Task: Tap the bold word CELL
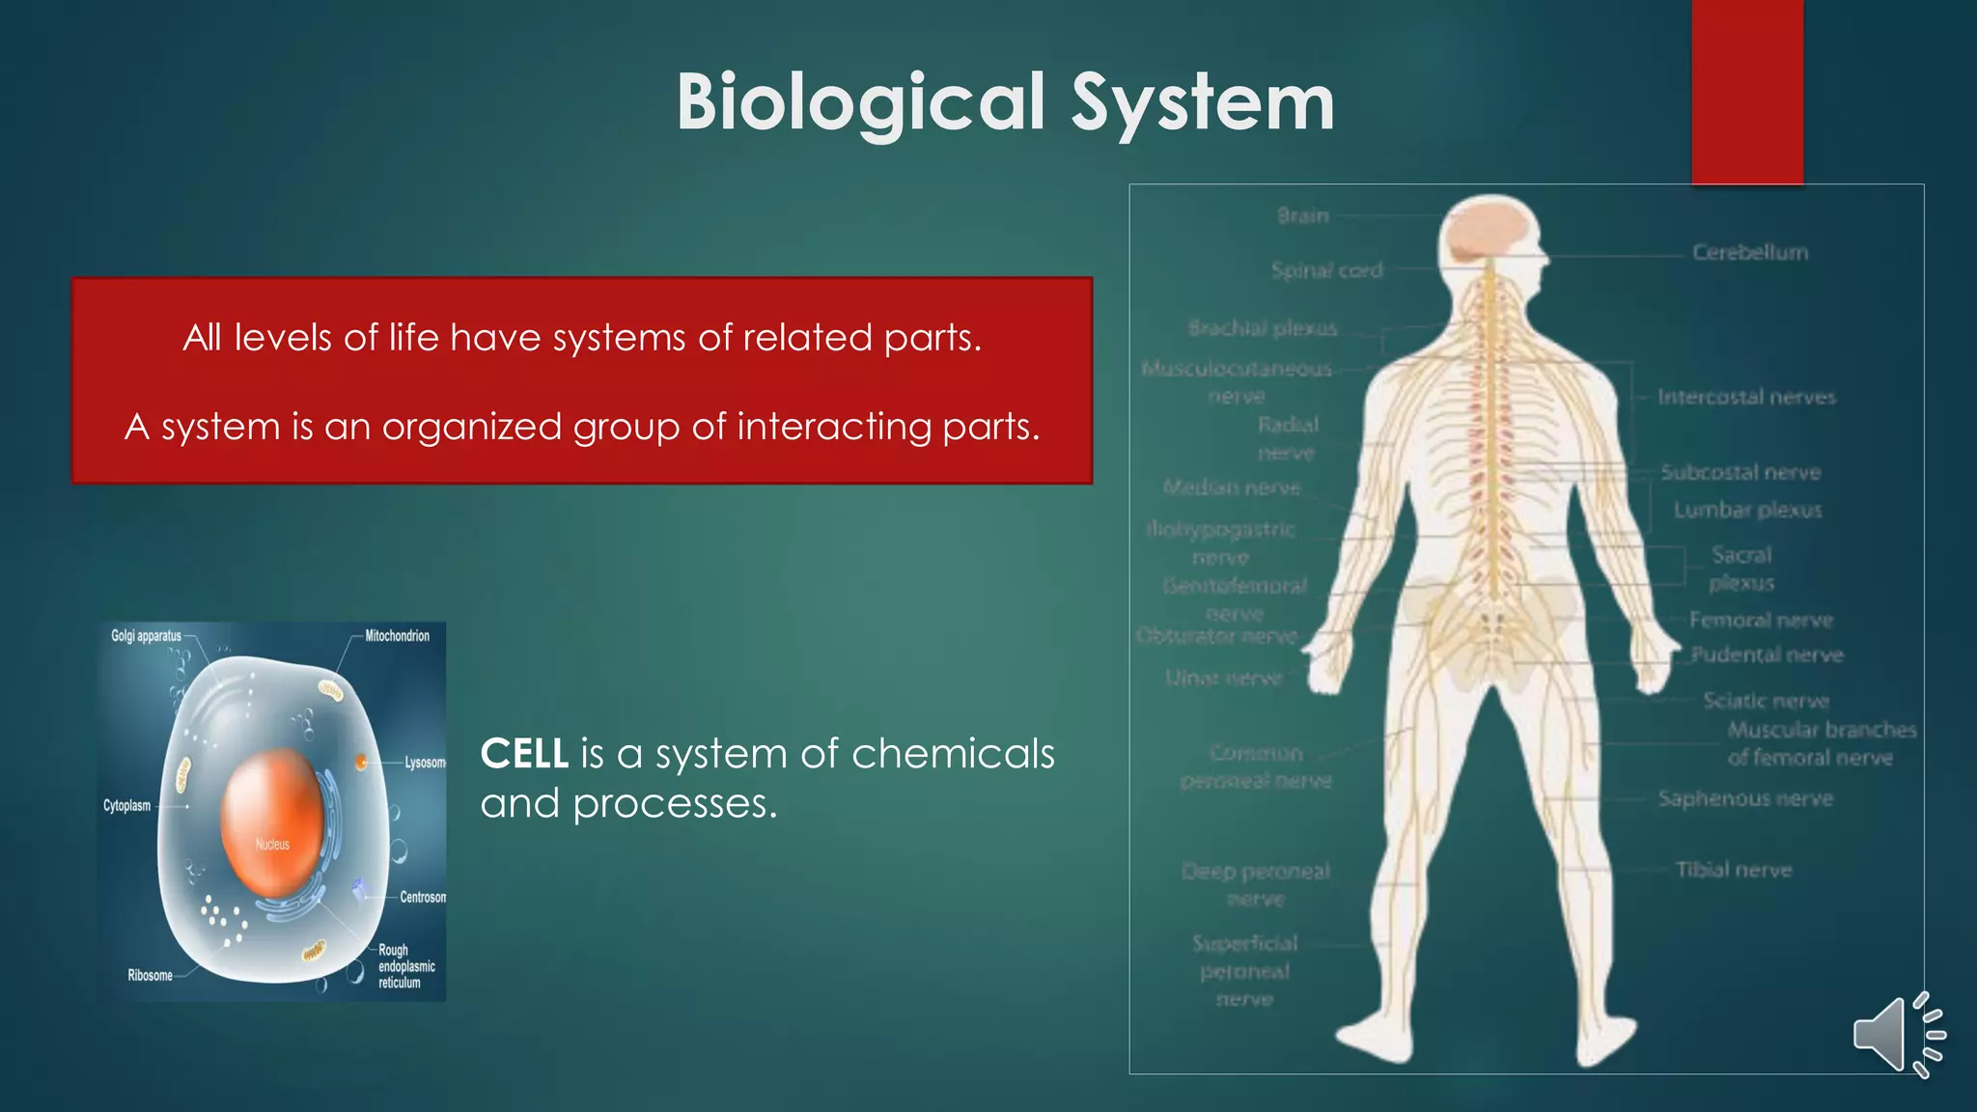[x=524, y=754]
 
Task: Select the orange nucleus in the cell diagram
[x=272, y=821]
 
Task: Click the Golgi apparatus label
[x=146, y=636]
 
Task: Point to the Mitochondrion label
[x=397, y=636]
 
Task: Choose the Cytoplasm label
[x=127, y=805]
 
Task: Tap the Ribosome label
[x=151, y=975]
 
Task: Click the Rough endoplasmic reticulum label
[x=406, y=966]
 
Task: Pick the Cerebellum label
[x=1749, y=253]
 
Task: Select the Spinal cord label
[x=1326, y=270]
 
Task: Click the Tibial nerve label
[x=1734, y=870]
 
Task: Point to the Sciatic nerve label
[x=1766, y=701]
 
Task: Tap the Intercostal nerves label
[x=1746, y=397]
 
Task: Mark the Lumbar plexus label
[x=1747, y=510]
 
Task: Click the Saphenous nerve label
[x=1745, y=798]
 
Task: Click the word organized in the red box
[x=472, y=427]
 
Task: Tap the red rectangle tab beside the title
[x=1746, y=92]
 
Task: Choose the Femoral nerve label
[x=1761, y=620]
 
